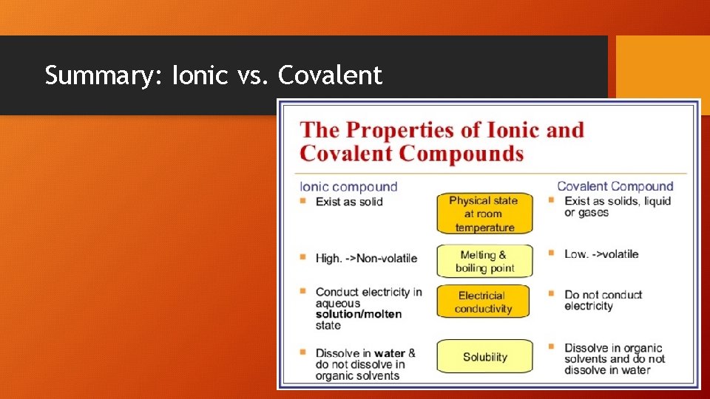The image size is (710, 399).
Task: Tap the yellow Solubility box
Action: coord(484,356)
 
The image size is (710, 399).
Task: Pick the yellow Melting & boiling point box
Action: coord(484,262)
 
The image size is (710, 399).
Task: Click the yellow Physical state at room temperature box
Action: coord(484,214)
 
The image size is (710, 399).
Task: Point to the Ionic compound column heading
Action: coord(348,187)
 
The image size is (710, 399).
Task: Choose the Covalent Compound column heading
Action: coord(615,186)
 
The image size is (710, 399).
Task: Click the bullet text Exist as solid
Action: coord(349,201)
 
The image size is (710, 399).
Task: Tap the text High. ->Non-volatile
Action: coord(366,258)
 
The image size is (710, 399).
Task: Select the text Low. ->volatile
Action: coord(601,253)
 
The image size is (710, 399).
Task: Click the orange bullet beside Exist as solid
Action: coord(303,201)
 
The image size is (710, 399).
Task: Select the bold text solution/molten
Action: coord(359,314)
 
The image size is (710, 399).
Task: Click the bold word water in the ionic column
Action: coord(389,353)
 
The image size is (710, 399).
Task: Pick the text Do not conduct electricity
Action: coord(603,300)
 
